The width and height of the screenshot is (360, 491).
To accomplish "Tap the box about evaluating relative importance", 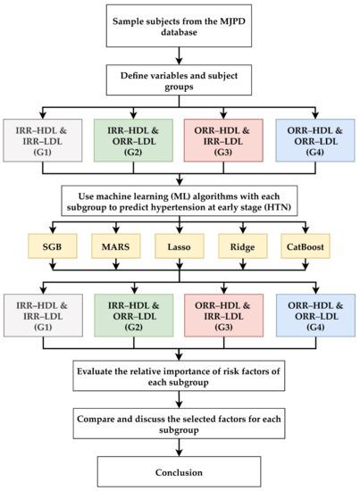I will [x=180, y=373].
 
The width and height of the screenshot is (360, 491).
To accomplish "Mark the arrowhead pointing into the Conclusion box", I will [x=180, y=451].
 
